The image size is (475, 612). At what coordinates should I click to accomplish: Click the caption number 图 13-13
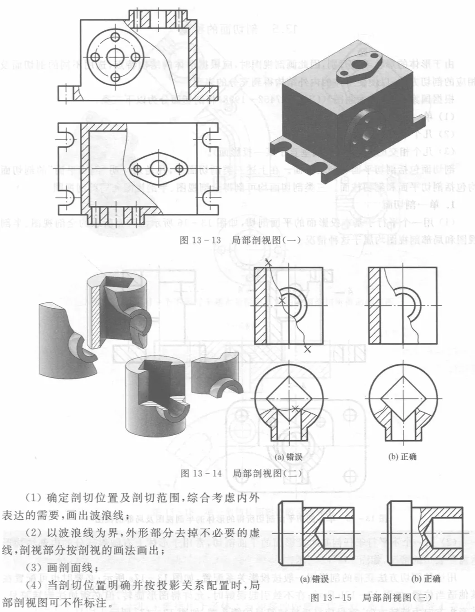(x=200, y=240)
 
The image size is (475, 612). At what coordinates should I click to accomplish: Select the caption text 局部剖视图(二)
(x=267, y=473)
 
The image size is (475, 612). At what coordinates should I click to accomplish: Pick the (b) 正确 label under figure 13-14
(x=402, y=457)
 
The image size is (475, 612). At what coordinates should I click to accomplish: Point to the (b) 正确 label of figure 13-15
(x=426, y=579)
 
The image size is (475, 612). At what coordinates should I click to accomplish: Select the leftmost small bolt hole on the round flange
(x=95, y=57)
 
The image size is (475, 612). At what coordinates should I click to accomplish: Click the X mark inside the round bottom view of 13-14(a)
(x=296, y=409)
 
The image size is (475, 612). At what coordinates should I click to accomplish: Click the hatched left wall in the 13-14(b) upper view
(x=374, y=306)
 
